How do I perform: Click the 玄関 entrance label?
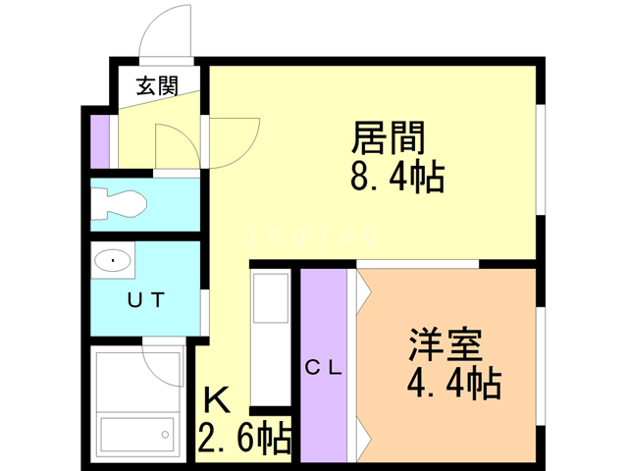156,85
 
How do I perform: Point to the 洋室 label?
444,346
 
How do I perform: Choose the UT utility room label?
142,301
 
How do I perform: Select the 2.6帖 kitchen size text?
244,438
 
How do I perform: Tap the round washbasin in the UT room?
114,261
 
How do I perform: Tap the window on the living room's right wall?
540,157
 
